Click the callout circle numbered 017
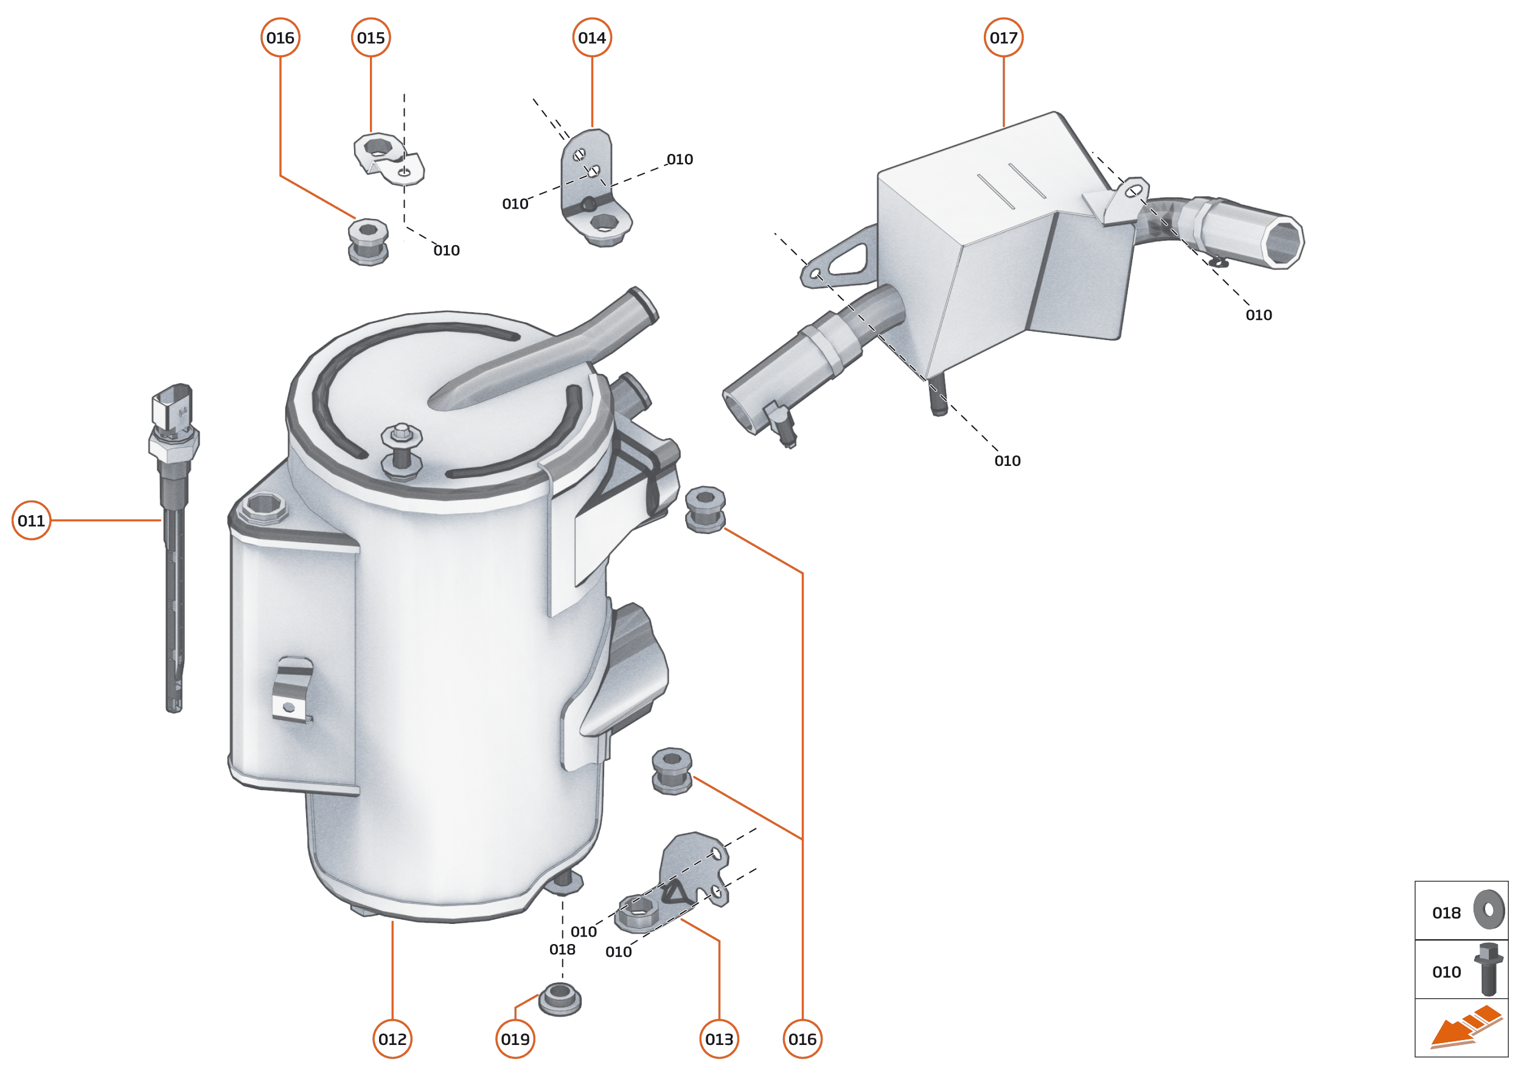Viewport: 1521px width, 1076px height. [x=1003, y=38]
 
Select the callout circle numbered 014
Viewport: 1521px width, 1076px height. [x=592, y=38]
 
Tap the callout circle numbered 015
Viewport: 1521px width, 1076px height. [x=371, y=38]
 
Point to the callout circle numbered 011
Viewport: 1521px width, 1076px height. [x=31, y=520]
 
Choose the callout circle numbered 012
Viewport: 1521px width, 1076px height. [x=392, y=1039]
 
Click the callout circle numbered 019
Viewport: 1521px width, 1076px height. [x=515, y=1039]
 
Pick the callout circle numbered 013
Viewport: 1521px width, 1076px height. [x=719, y=1039]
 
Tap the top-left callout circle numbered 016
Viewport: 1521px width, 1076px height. [x=280, y=38]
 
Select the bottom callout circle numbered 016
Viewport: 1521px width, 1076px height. [x=802, y=1039]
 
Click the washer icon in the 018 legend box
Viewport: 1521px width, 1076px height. [x=1489, y=910]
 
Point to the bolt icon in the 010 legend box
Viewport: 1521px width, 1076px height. [x=1488, y=969]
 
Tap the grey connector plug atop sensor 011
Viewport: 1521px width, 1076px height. [x=172, y=406]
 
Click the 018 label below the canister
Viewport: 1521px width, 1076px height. [x=562, y=949]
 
